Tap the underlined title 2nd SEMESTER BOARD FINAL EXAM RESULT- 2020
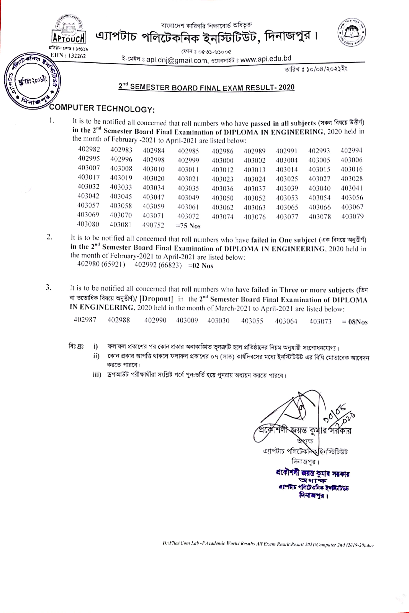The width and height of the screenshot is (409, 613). click(206, 87)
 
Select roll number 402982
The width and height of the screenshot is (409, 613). click(89, 149)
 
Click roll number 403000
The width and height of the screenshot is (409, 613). click(222, 161)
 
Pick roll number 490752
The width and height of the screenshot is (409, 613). click(153, 225)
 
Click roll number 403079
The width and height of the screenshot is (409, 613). click(352, 216)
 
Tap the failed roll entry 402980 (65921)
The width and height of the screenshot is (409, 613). click(101, 264)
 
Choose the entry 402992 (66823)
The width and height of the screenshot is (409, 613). click(158, 265)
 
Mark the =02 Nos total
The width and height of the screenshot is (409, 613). click(201, 266)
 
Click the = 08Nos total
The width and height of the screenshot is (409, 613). click(355, 322)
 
